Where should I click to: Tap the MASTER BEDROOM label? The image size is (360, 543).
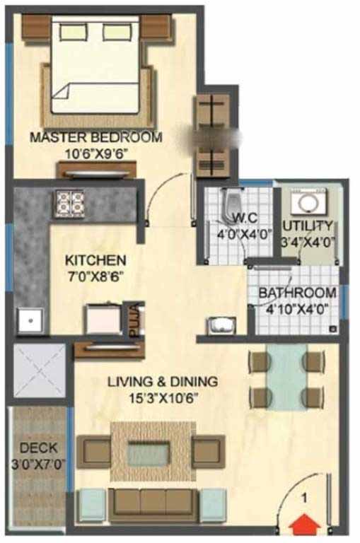96,137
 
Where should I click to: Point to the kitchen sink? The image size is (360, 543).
30,320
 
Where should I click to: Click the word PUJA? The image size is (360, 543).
134,319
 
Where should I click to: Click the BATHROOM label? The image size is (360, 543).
298,293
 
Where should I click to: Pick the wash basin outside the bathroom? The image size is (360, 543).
222,325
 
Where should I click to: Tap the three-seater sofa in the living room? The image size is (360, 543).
153,504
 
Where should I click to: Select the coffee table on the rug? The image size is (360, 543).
149,452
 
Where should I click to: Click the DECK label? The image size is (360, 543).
38,448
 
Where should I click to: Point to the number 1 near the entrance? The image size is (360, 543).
304,498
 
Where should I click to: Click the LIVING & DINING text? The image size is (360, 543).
163,382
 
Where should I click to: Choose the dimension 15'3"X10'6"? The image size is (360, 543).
163,398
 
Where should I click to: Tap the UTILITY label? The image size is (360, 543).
308,226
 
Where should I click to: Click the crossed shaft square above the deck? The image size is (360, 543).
39,370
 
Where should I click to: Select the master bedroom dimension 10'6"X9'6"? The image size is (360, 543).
97,153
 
